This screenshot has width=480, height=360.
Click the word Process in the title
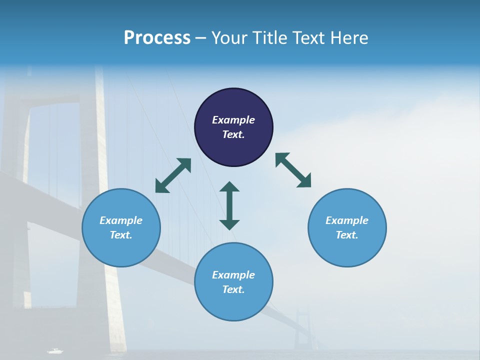point(157,38)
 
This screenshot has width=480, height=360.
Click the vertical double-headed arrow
point(229,205)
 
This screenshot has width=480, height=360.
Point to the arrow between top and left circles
point(173,175)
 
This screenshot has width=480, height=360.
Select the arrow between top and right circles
point(293,170)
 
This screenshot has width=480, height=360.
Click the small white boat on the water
point(55,351)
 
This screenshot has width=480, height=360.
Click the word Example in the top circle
point(233,120)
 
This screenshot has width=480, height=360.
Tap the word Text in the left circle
point(121,235)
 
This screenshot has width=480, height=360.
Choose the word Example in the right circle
point(347,220)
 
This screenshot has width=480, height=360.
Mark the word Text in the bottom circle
point(233,289)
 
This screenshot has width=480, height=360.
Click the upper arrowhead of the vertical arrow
point(229,187)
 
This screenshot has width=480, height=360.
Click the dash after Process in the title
point(200,38)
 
